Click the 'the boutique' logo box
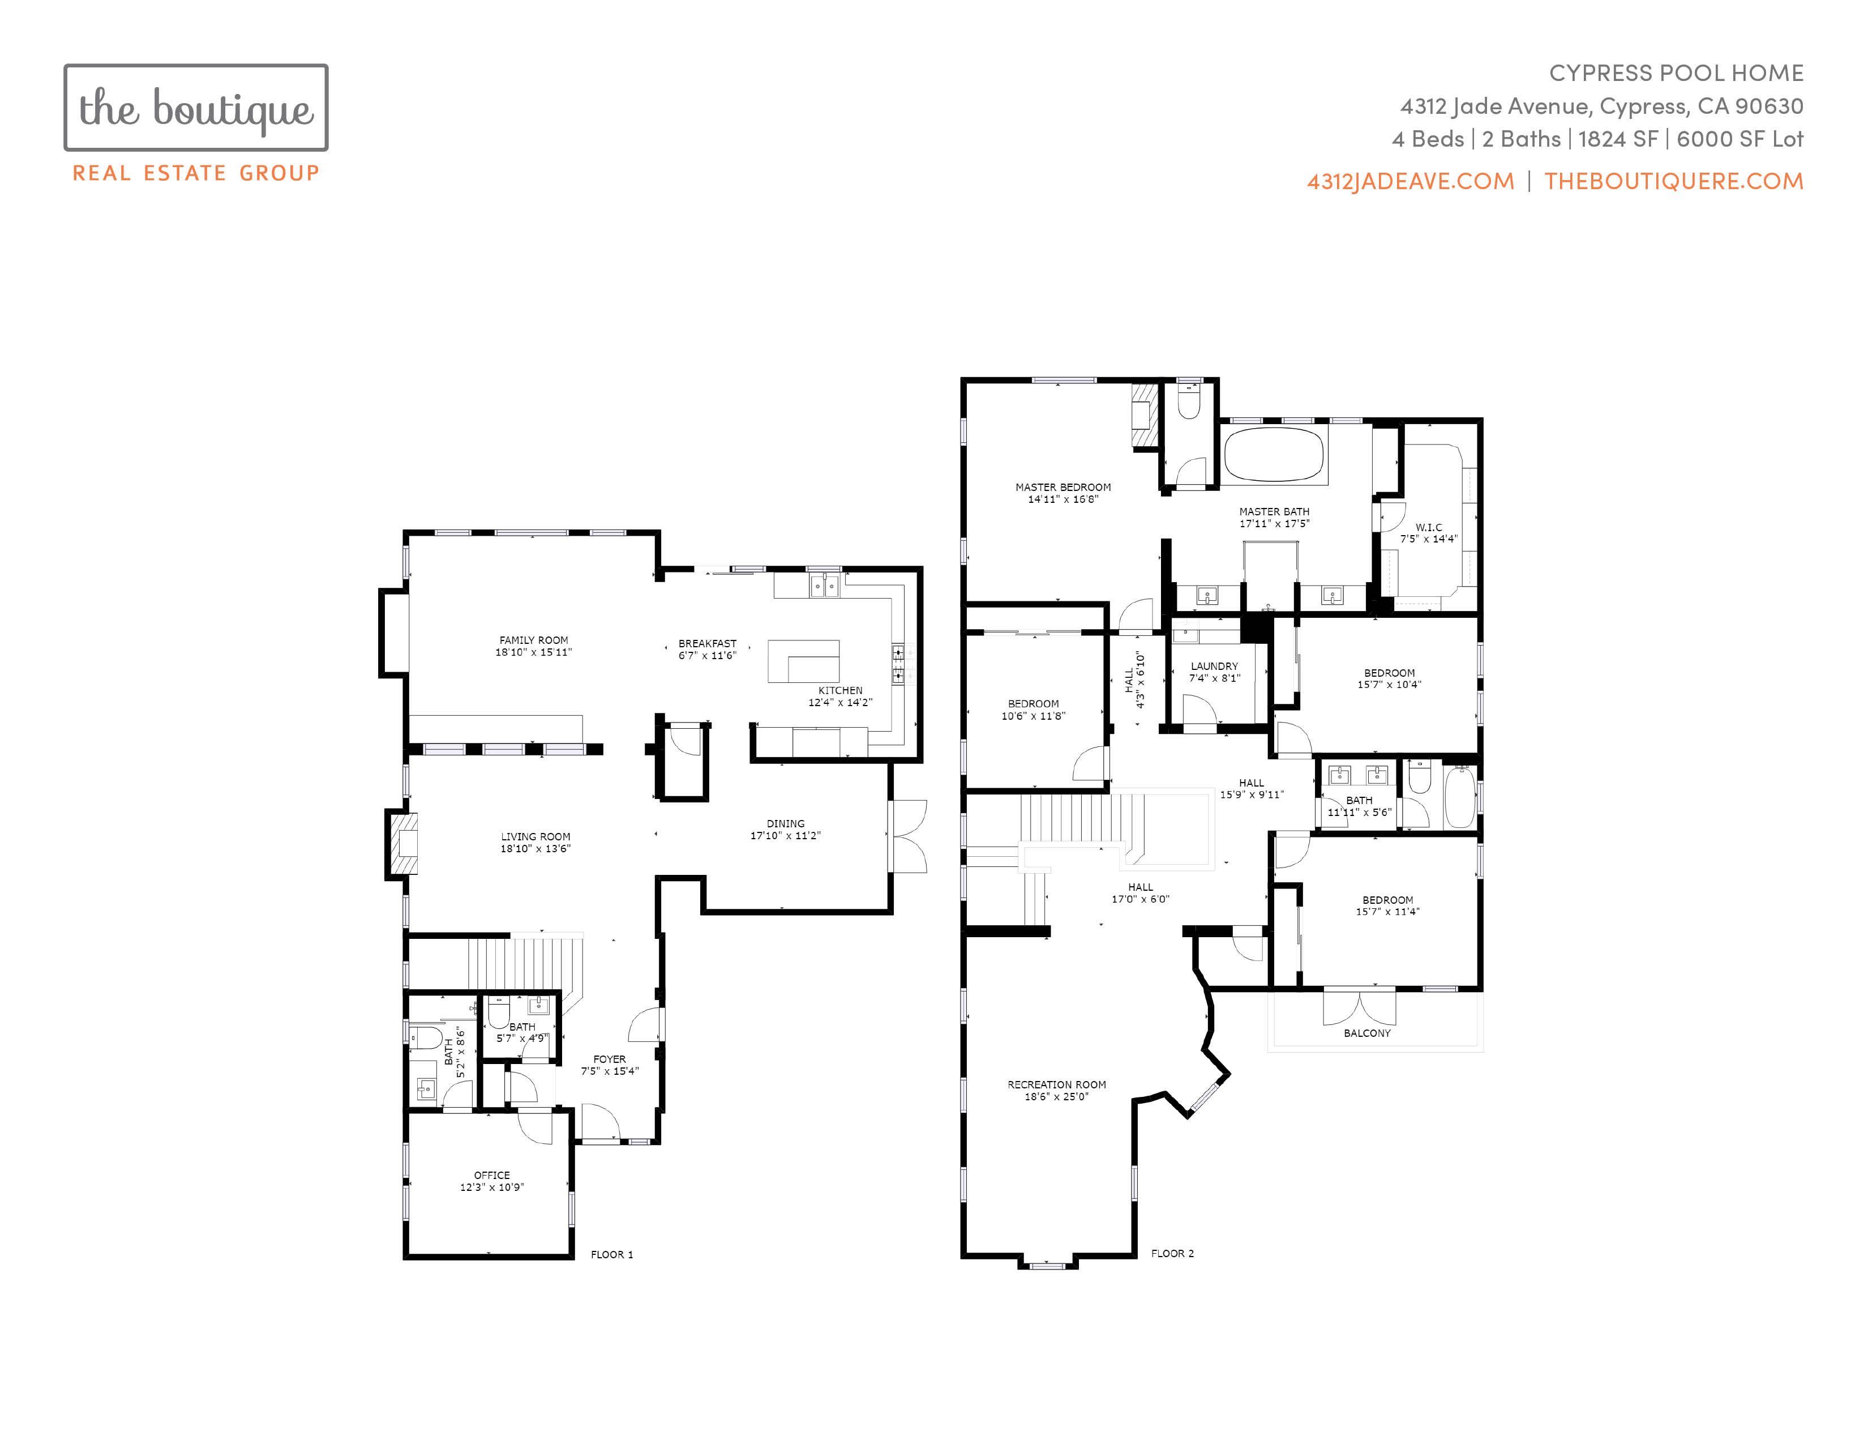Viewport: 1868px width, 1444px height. coord(196,108)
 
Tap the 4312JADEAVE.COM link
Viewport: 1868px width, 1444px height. coord(1411,181)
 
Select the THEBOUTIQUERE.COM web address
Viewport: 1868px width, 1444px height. coord(1674,181)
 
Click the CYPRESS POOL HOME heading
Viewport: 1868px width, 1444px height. coord(1677,74)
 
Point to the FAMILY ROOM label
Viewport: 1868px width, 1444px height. coord(534,640)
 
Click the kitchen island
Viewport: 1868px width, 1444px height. coord(803,661)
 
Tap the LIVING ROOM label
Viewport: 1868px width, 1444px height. coord(535,836)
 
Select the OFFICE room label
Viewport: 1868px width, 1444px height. coord(492,1176)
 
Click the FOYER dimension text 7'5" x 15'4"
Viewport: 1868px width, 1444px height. coord(610,1071)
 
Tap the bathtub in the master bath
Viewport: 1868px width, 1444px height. coord(1274,454)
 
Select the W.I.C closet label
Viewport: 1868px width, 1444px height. coord(1428,528)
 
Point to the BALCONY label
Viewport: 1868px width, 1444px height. coord(1367,1033)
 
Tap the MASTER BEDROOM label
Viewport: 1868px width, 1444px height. coord(1063,488)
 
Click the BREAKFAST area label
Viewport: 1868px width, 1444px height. coord(708,643)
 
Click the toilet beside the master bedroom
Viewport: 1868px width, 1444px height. coord(1189,400)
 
